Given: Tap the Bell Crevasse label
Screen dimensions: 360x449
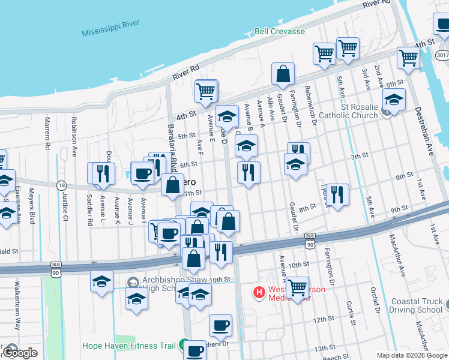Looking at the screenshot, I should click(x=279, y=31).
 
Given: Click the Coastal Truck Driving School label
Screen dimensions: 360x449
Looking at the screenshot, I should click(x=415, y=305).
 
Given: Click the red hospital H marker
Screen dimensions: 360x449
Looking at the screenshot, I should click(x=259, y=293).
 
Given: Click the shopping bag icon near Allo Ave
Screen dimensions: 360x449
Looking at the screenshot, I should click(x=283, y=74).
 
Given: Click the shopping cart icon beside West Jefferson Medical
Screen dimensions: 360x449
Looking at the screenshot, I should click(x=297, y=289).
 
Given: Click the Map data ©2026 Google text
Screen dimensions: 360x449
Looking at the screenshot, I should click(x=412, y=355).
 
